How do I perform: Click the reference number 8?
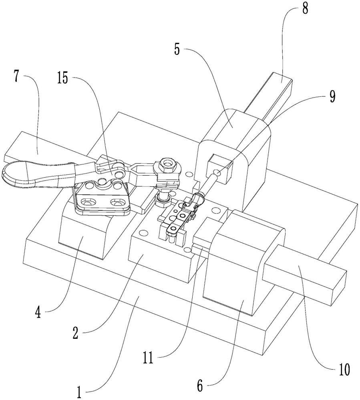pos(305,9)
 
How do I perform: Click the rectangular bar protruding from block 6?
pos(304,274)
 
